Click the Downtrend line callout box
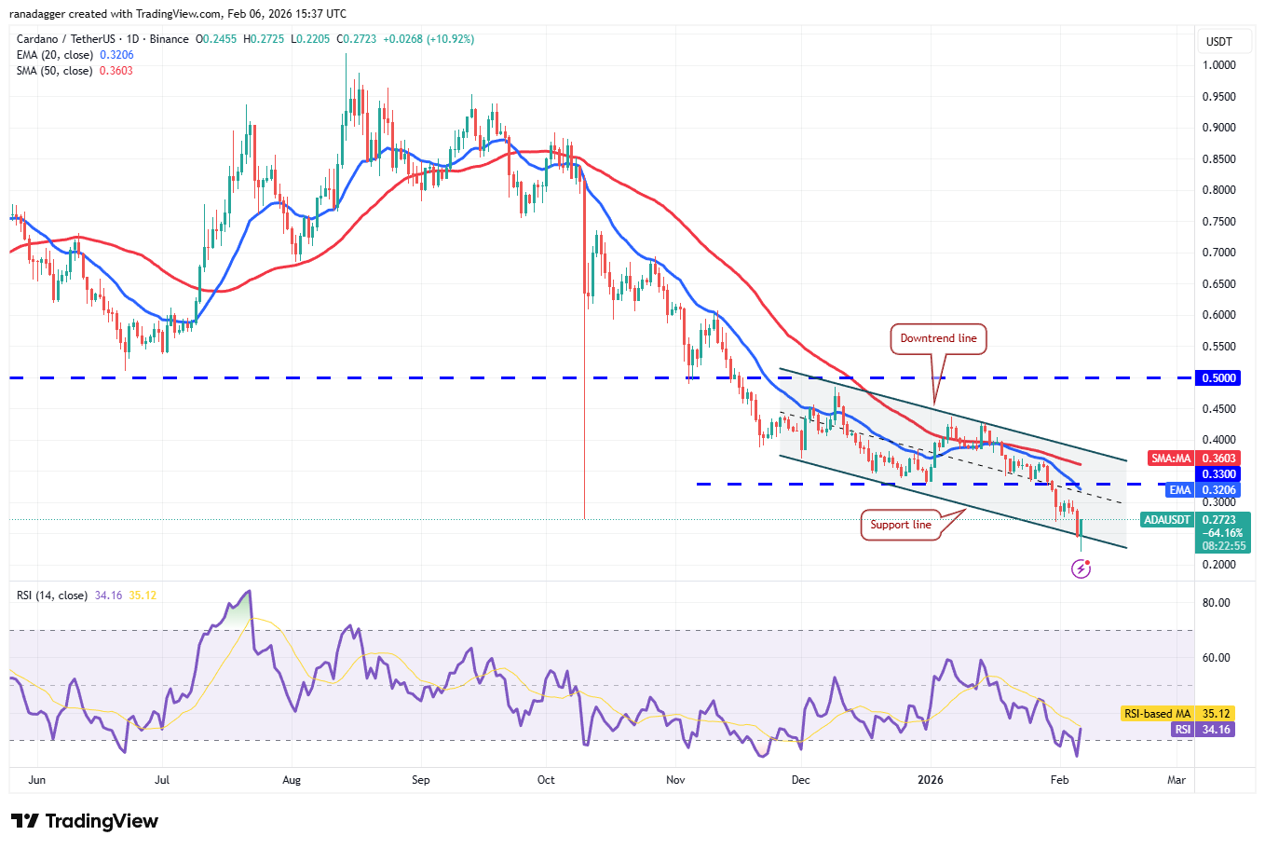pos(938,338)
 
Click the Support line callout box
pos(900,525)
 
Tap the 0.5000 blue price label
pos(1218,378)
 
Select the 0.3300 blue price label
pos(1218,474)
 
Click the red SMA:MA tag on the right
pos(1170,459)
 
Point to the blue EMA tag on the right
pos(1179,490)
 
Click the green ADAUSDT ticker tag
pos(1166,520)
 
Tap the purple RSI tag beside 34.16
pos(1182,730)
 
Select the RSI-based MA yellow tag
pos(1157,714)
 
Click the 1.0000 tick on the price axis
pos(1218,65)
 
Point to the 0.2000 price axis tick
pos(1218,565)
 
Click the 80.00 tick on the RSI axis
pos(1216,603)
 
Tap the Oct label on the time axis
pos(546,780)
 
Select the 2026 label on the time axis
pos(930,780)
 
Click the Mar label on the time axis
pos(1177,780)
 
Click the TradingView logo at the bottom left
pos(85,821)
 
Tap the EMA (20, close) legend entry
pos(55,55)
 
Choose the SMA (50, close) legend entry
pos(55,71)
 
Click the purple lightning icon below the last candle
pos(1081,568)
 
